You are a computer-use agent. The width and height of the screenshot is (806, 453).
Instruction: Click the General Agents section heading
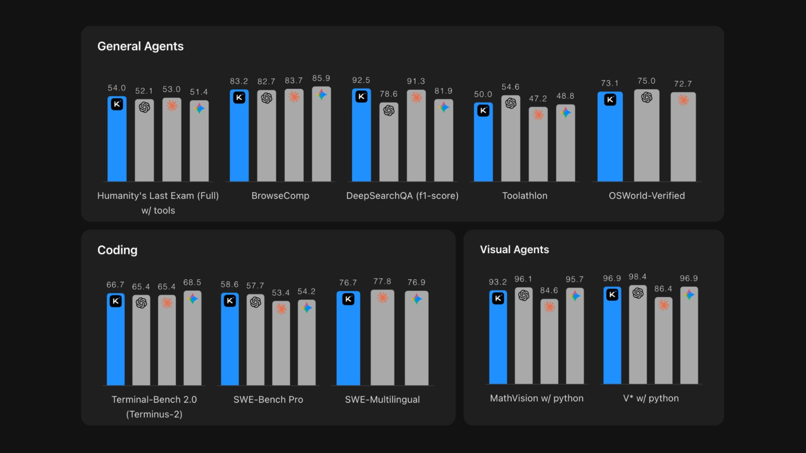tap(140, 46)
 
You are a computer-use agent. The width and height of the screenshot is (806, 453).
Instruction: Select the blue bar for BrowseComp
tap(239, 135)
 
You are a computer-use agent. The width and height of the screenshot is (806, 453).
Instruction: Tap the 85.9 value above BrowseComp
tap(321, 78)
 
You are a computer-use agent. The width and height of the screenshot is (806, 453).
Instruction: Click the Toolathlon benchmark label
tap(525, 195)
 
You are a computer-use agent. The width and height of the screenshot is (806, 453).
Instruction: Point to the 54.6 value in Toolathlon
tap(510, 87)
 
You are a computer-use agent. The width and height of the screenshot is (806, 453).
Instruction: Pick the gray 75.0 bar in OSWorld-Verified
tap(646, 135)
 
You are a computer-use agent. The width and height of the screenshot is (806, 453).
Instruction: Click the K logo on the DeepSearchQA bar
tap(361, 96)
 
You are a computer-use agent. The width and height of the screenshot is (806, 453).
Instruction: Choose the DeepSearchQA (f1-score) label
tap(402, 196)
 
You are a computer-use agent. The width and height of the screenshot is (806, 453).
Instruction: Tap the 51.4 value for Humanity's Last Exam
tap(199, 92)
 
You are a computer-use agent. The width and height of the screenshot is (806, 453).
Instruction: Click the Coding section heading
tap(118, 250)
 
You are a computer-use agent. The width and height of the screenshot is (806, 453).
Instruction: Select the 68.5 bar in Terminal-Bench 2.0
tap(193, 338)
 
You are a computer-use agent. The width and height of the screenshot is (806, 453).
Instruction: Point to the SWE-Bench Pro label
tap(268, 399)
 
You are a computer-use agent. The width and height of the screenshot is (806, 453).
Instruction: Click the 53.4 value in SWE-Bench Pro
tap(281, 293)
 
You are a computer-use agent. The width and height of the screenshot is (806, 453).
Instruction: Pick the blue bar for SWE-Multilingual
tap(348, 338)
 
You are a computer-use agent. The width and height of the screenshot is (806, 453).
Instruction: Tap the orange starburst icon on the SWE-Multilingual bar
tap(382, 298)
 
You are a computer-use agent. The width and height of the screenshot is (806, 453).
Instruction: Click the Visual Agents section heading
tap(515, 250)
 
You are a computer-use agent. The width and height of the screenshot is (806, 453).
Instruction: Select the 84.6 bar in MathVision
tap(549, 341)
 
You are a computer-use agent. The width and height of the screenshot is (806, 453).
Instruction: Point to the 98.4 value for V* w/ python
tap(638, 277)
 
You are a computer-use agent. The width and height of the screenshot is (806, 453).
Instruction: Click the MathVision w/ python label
tap(537, 398)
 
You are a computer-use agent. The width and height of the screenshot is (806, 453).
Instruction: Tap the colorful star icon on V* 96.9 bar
tap(689, 295)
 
